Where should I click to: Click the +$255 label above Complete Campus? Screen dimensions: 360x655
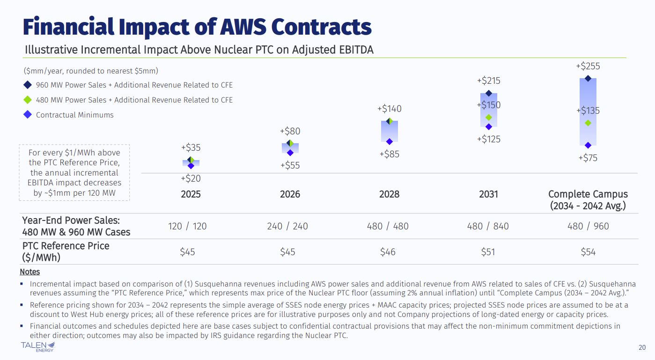click(x=588, y=66)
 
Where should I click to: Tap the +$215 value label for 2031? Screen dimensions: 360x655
click(x=488, y=81)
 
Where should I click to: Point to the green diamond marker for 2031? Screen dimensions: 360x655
click(x=489, y=118)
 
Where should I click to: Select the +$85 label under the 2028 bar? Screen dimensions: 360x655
click(x=389, y=154)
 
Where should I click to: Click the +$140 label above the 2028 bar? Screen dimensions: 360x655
click(x=389, y=109)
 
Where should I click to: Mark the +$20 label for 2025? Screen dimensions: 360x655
click(x=191, y=178)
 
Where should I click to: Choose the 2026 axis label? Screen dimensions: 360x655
click(x=290, y=194)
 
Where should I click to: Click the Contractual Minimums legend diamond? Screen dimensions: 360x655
click(x=28, y=115)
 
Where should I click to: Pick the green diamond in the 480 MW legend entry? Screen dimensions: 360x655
click(x=28, y=100)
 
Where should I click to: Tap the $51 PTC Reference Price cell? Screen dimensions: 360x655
click(x=488, y=252)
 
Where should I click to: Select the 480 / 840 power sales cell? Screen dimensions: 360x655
click(x=488, y=226)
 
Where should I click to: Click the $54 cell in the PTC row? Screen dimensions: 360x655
click(x=588, y=252)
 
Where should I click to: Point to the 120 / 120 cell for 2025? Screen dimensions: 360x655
click(x=187, y=226)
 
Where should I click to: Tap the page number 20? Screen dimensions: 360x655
click(x=642, y=347)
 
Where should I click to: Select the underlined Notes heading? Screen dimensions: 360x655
click(x=29, y=272)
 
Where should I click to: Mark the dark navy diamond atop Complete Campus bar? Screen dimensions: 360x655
click(x=588, y=79)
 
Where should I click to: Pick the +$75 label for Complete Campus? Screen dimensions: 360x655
click(x=588, y=158)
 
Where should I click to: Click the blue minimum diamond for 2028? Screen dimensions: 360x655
click(x=389, y=141)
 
